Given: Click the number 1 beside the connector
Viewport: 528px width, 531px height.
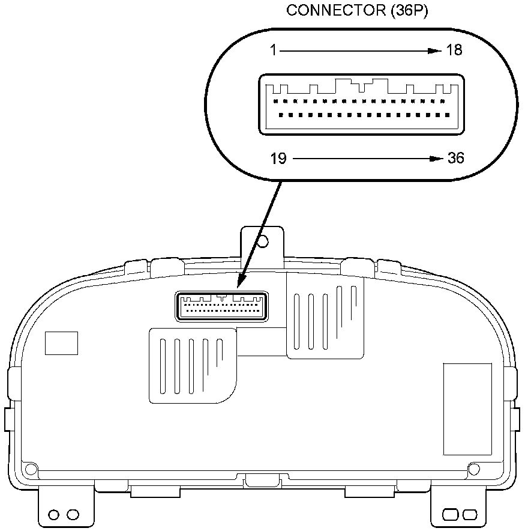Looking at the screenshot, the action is pos(273,50).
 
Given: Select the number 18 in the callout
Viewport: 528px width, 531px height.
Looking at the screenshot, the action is pos(454,50).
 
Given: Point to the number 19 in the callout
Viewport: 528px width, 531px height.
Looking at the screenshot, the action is pos(278,159).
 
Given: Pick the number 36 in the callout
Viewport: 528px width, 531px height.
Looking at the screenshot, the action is pos(455,159).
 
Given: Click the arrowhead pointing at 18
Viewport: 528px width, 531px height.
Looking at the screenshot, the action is pos(435,51).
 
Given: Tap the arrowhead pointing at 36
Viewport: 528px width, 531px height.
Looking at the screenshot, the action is pos(436,159).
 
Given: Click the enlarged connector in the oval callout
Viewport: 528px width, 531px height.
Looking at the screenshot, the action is pos(362,103).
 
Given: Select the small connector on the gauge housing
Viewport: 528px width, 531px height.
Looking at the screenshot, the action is pos(221,306).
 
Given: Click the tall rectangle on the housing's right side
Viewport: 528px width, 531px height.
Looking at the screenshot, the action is pos(467,408).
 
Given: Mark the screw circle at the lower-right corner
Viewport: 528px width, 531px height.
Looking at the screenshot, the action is pos(473,469).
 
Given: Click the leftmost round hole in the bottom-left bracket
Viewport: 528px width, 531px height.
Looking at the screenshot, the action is pos(54,515).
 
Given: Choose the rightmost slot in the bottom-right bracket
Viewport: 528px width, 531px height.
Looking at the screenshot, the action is pos(470,515).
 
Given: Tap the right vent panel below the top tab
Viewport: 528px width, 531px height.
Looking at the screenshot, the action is pos(326,317).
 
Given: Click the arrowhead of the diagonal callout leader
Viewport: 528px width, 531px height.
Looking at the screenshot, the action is pos(240,282).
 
